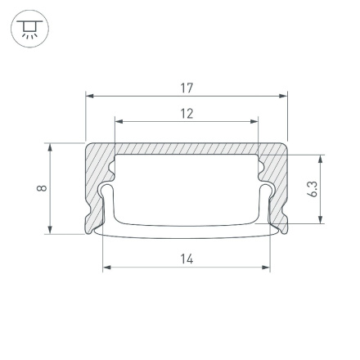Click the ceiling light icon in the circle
(29, 29)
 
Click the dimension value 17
(187, 88)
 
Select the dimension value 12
(187, 113)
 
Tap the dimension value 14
(187, 259)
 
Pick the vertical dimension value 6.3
(312, 188)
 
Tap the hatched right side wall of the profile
(278, 184)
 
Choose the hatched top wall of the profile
(187, 149)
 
